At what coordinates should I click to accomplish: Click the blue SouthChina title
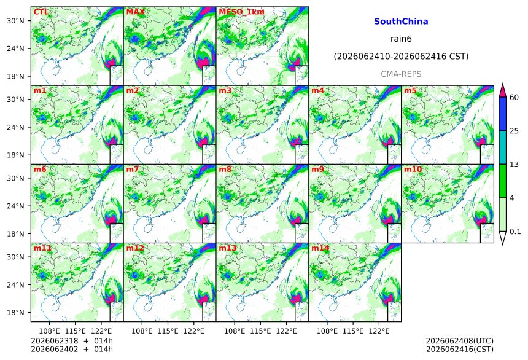pyautogui.click(x=401, y=22)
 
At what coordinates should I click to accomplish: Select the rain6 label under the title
pyautogui.click(x=401, y=39)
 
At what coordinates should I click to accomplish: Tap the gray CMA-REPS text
pyautogui.click(x=401, y=74)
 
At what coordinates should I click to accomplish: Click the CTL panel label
pyautogui.click(x=41, y=12)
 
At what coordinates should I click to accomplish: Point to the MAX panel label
pyautogui.click(x=135, y=12)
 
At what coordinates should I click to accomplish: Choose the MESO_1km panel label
pyautogui.click(x=241, y=12)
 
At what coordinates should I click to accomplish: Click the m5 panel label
pyautogui.click(x=410, y=91)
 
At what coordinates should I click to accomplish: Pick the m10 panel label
pyautogui.click(x=413, y=169)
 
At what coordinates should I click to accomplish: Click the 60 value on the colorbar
pyautogui.click(x=514, y=98)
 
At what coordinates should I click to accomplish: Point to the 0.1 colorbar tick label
pyautogui.click(x=515, y=232)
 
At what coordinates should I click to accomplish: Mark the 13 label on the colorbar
pyautogui.click(x=514, y=165)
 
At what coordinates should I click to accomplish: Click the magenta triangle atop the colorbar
pyautogui.click(x=503, y=90)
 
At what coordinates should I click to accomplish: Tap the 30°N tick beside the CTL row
pyautogui.click(x=15, y=20)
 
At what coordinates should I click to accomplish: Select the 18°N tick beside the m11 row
pyautogui.click(x=15, y=313)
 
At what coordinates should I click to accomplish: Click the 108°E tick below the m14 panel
pyautogui.click(x=327, y=331)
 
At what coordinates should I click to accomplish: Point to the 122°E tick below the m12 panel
pyautogui.click(x=193, y=331)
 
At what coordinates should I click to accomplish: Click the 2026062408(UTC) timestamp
pyautogui.click(x=460, y=341)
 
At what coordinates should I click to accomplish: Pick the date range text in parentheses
pyautogui.click(x=401, y=57)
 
